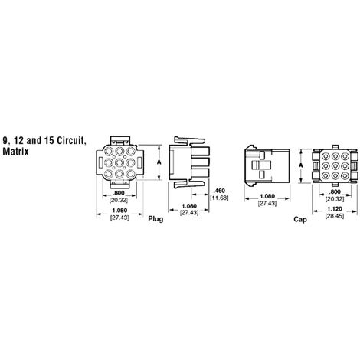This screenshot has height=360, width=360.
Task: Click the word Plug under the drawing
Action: [x=155, y=219]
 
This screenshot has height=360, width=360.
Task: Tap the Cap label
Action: [x=300, y=219]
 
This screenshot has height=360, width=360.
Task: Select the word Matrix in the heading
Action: [x=15, y=152]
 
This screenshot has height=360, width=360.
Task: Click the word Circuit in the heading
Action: [x=70, y=140]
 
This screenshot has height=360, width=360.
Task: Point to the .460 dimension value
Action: [x=219, y=191]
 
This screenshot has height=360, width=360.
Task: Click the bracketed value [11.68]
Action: [x=219, y=198]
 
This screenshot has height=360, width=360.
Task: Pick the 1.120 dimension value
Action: [x=335, y=209]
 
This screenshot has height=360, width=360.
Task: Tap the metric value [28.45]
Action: [x=335, y=216]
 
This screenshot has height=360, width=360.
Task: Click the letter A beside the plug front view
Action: [x=159, y=162]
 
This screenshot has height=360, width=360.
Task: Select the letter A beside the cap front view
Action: [x=301, y=165]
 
